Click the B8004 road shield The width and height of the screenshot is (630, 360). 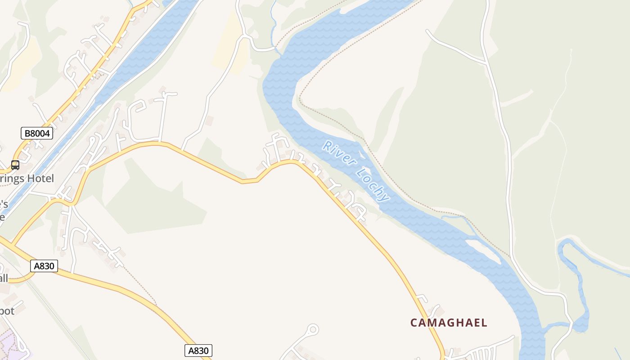[x=37, y=133]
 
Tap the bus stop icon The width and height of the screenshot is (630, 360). [x=15, y=165]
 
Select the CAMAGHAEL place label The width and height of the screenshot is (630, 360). [x=449, y=323]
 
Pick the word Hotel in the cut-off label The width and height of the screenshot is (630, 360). [x=40, y=179]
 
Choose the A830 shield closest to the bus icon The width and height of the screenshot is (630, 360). [x=44, y=266]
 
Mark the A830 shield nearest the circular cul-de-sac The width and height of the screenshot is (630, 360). [x=198, y=351]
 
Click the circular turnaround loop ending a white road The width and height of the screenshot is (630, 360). [x=313, y=330]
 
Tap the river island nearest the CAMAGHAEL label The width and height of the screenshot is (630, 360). [x=484, y=250]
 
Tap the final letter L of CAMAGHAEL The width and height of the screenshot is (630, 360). [x=484, y=323]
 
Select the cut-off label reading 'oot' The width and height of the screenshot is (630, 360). [x=7, y=311]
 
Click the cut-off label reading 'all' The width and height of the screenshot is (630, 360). [x=4, y=278]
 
